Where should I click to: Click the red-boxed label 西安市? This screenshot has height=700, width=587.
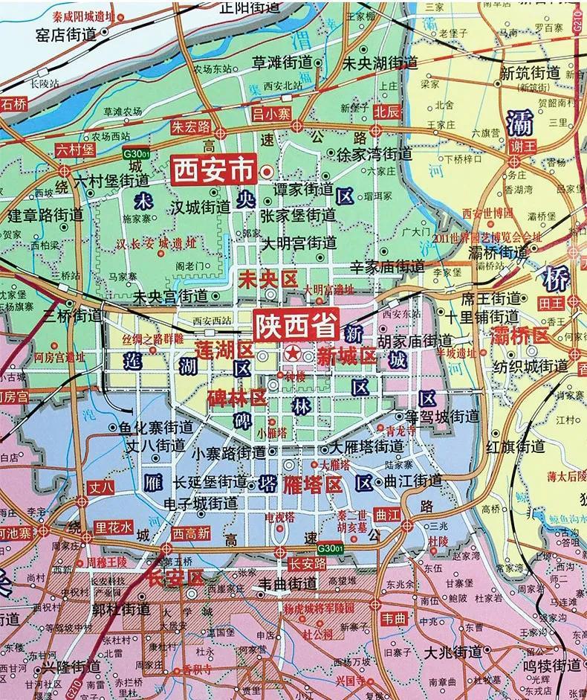[213, 170]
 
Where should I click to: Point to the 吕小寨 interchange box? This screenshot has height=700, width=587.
[272, 112]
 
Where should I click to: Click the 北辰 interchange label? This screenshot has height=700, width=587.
[386, 112]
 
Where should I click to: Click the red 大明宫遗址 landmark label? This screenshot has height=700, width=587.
[328, 289]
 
